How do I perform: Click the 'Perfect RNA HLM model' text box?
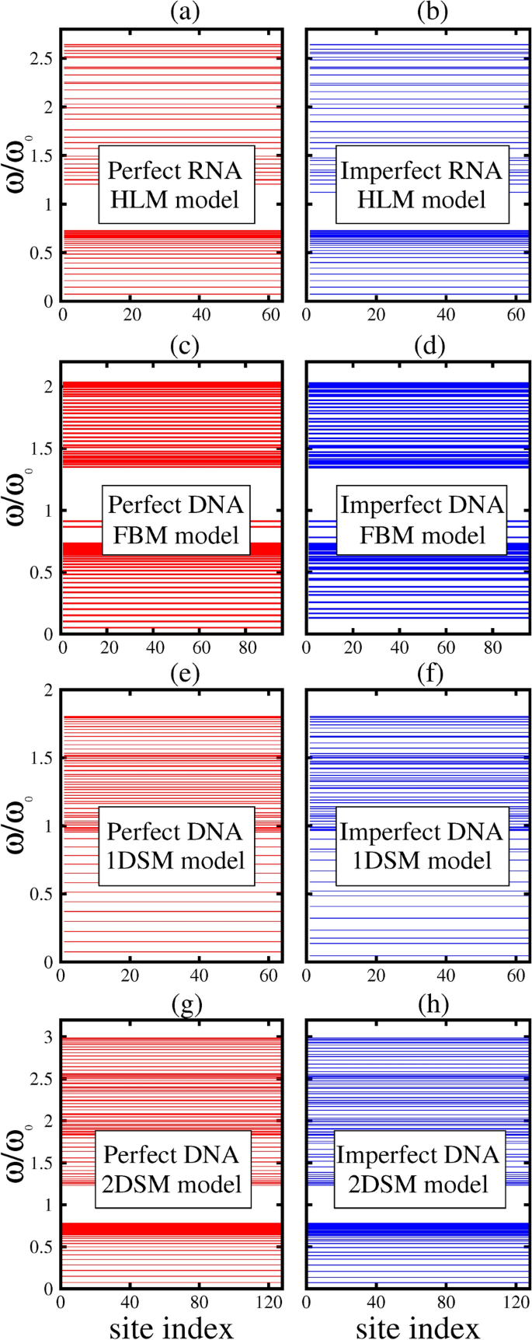175,185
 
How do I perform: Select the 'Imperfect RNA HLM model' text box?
421,185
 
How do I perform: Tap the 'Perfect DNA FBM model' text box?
176,520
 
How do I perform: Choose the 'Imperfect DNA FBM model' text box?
422,520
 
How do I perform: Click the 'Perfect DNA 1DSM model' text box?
176,846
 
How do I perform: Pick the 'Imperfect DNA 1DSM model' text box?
421,846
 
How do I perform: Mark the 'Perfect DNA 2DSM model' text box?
173,1169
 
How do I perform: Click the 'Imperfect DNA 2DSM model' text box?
418,1169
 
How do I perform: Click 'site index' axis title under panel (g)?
171,1328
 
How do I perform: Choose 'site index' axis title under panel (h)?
418,1328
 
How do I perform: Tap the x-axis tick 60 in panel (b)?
516,315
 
